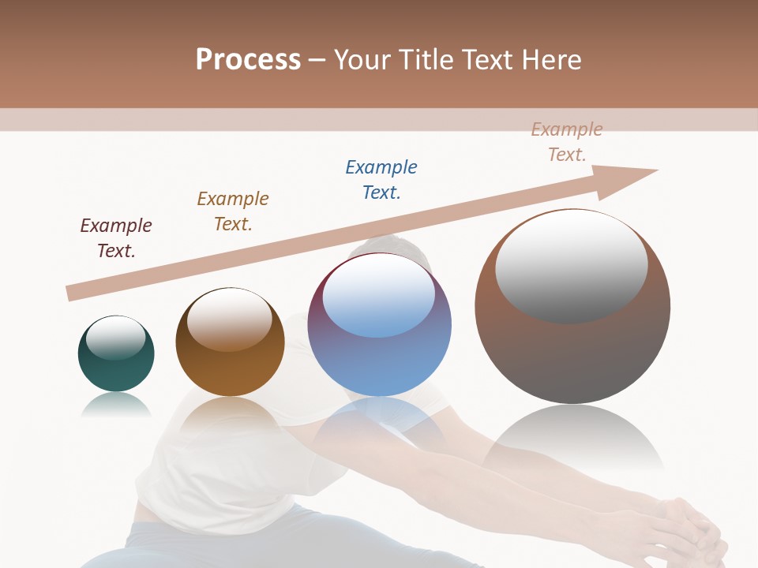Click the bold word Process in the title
point(248,60)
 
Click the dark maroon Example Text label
point(116,238)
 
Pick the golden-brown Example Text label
point(233,211)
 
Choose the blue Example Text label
point(381,180)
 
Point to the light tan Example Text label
point(567,142)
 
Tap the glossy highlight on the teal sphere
point(115,338)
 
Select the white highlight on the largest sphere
point(571,265)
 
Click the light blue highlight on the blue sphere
point(378,296)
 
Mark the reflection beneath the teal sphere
point(116,405)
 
